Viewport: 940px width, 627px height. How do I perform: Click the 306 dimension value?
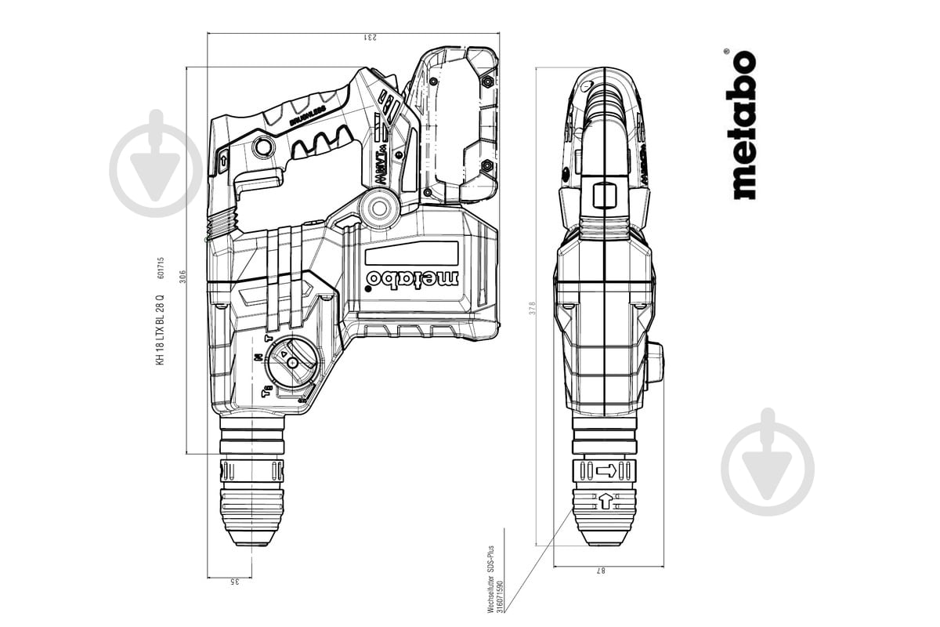pos(183,277)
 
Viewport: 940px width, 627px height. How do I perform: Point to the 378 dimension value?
pos(532,309)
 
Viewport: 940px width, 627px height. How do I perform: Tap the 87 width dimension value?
pos(602,571)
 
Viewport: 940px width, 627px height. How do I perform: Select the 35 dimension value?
pos(234,581)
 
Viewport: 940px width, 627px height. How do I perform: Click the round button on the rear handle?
pos(264,147)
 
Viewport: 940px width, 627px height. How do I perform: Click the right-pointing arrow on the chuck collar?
pos(606,470)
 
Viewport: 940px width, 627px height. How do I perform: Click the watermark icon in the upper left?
pos(156,162)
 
